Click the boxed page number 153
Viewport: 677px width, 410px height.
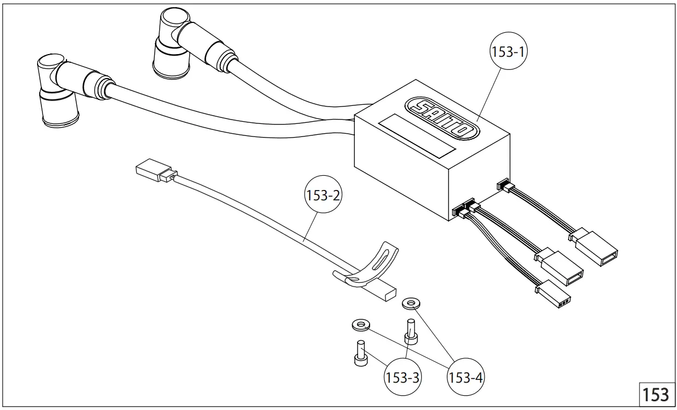[x=655, y=394]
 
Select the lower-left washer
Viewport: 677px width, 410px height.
[x=359, y=325]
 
